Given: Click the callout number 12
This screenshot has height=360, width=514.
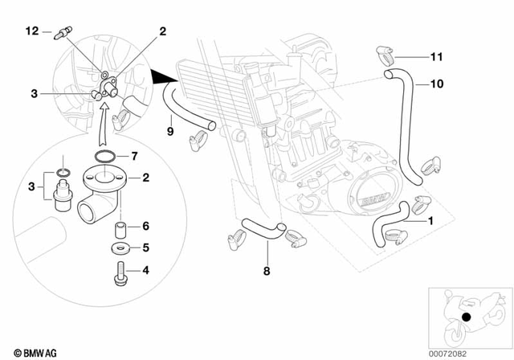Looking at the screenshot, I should [31, 31].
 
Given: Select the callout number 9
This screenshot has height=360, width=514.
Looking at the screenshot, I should [169, 129].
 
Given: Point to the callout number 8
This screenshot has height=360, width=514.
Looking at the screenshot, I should [266, 272].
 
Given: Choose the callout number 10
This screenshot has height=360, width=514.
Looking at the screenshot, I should [436, 83].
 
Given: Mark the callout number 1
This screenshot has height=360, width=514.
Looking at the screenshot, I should [430, 219].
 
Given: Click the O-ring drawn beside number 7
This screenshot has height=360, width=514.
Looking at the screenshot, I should [106, 155].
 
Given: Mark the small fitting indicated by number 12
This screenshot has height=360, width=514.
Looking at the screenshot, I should [61, 35].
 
